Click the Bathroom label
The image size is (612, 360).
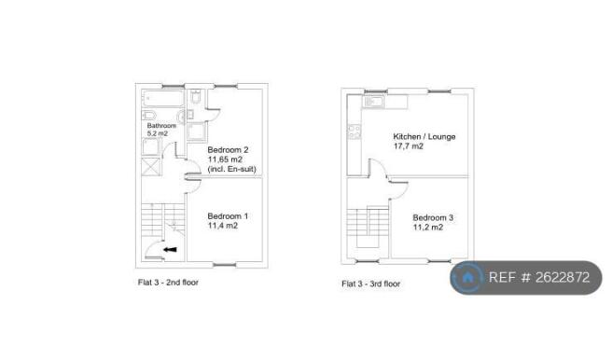[x=161, y=126]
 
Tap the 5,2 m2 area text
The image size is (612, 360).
[x=158, y=133]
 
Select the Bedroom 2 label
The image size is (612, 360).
[x=228, y=150]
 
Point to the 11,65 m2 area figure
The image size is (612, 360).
[x=225, y=159]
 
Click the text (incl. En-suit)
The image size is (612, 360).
[x=232, y=169]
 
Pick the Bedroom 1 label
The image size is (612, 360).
[x=228, y=216]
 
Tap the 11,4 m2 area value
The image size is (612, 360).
[x=222, y=226]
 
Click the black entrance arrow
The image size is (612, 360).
[x=170, y=250]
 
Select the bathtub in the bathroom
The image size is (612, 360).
[x=162, y=98]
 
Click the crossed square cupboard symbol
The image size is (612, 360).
[x=150, y=167]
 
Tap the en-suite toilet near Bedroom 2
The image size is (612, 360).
[x=196, y=96]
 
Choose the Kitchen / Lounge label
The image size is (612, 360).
[x=424, y=136]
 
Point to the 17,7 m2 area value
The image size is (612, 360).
[x=409, y=146]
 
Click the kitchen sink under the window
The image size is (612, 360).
[x=374, y=102]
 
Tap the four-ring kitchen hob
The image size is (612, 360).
[x=355, y=132]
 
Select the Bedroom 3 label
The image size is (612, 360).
[x=433, y=217]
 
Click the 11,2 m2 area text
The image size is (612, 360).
[x=428, y=228]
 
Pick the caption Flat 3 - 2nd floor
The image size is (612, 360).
[x=168, y=283]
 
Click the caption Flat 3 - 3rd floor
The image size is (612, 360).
[x=371, y=284]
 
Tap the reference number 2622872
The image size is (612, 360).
[x=563, y=277]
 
